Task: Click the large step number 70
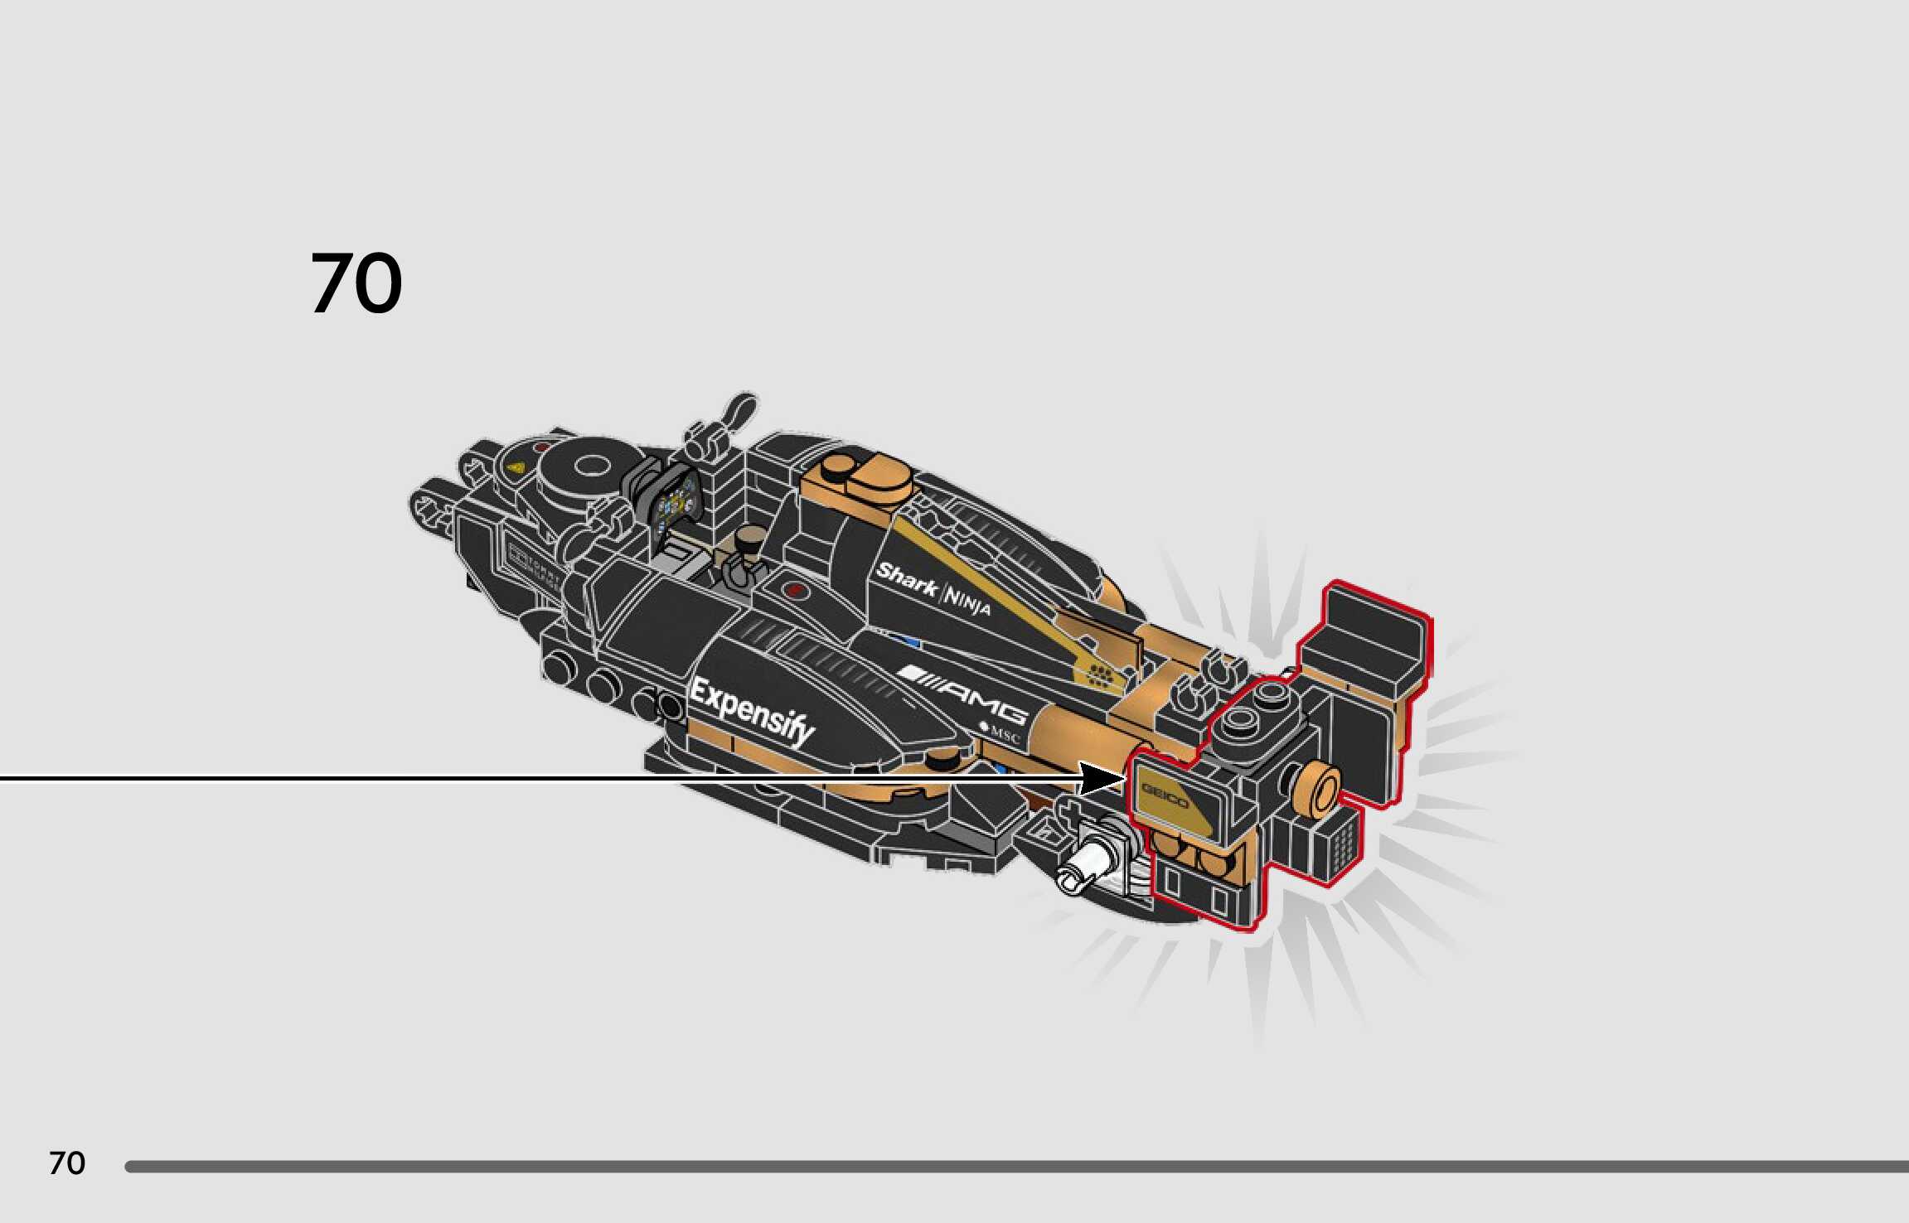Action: coord(356,283)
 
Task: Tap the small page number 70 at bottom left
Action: coord(67,1163)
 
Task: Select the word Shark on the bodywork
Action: coord(905,578)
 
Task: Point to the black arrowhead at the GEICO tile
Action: coord(1102,779)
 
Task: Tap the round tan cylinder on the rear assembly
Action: coord(1317,790)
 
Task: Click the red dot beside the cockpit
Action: coord(795,590)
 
